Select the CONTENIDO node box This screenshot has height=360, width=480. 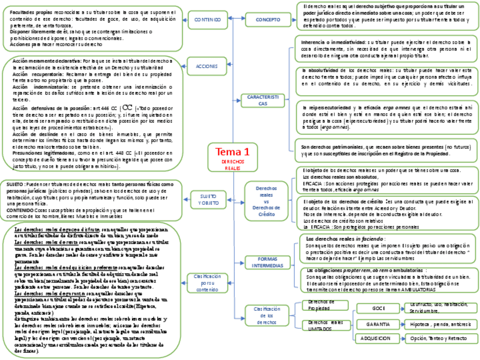[208, 20]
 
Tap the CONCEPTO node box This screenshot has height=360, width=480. [268, 20]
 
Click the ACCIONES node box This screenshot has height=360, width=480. [207, 66]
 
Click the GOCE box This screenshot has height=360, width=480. [378, 308]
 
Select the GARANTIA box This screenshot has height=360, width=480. [378, 324]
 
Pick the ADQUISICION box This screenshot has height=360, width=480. [378, 338]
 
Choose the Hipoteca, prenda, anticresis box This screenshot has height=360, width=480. [441, 324]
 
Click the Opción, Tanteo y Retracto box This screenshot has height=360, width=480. [441, 338]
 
